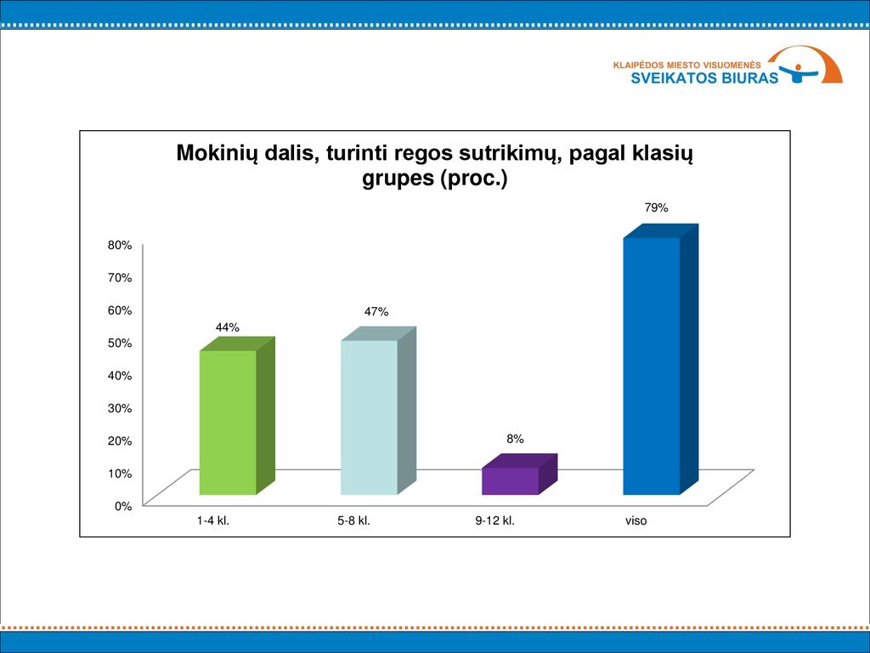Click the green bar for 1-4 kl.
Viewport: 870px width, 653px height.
tap(237, 417)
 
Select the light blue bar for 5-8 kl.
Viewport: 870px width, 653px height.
tap(378, 412)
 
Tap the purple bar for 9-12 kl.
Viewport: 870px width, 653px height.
tap(519, 474)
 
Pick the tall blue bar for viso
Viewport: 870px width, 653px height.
tap(660, 360)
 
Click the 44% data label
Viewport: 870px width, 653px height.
tap(228, 327)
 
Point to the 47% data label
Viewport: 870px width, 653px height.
tap(376, 312)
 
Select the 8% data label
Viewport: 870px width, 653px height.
tap(515, 439)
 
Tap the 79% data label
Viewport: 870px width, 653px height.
tap(656, 207)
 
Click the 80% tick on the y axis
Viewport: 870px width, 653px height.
tap(120, 245)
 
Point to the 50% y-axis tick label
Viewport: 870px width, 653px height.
tap(120, 343)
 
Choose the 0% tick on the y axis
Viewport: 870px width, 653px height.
tap(123, 506)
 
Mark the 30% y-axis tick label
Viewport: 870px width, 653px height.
tap(120, 408)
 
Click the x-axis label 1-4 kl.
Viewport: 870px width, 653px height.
tap(213, 521)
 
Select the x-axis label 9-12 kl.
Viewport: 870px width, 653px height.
tap(495, 521)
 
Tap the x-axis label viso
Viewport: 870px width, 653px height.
tap(636, 521)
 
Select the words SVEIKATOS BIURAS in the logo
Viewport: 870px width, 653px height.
tap(704, 77)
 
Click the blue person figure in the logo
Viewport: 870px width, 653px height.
tap(799, 73)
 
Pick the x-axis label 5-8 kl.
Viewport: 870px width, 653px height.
tap(354, 521)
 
